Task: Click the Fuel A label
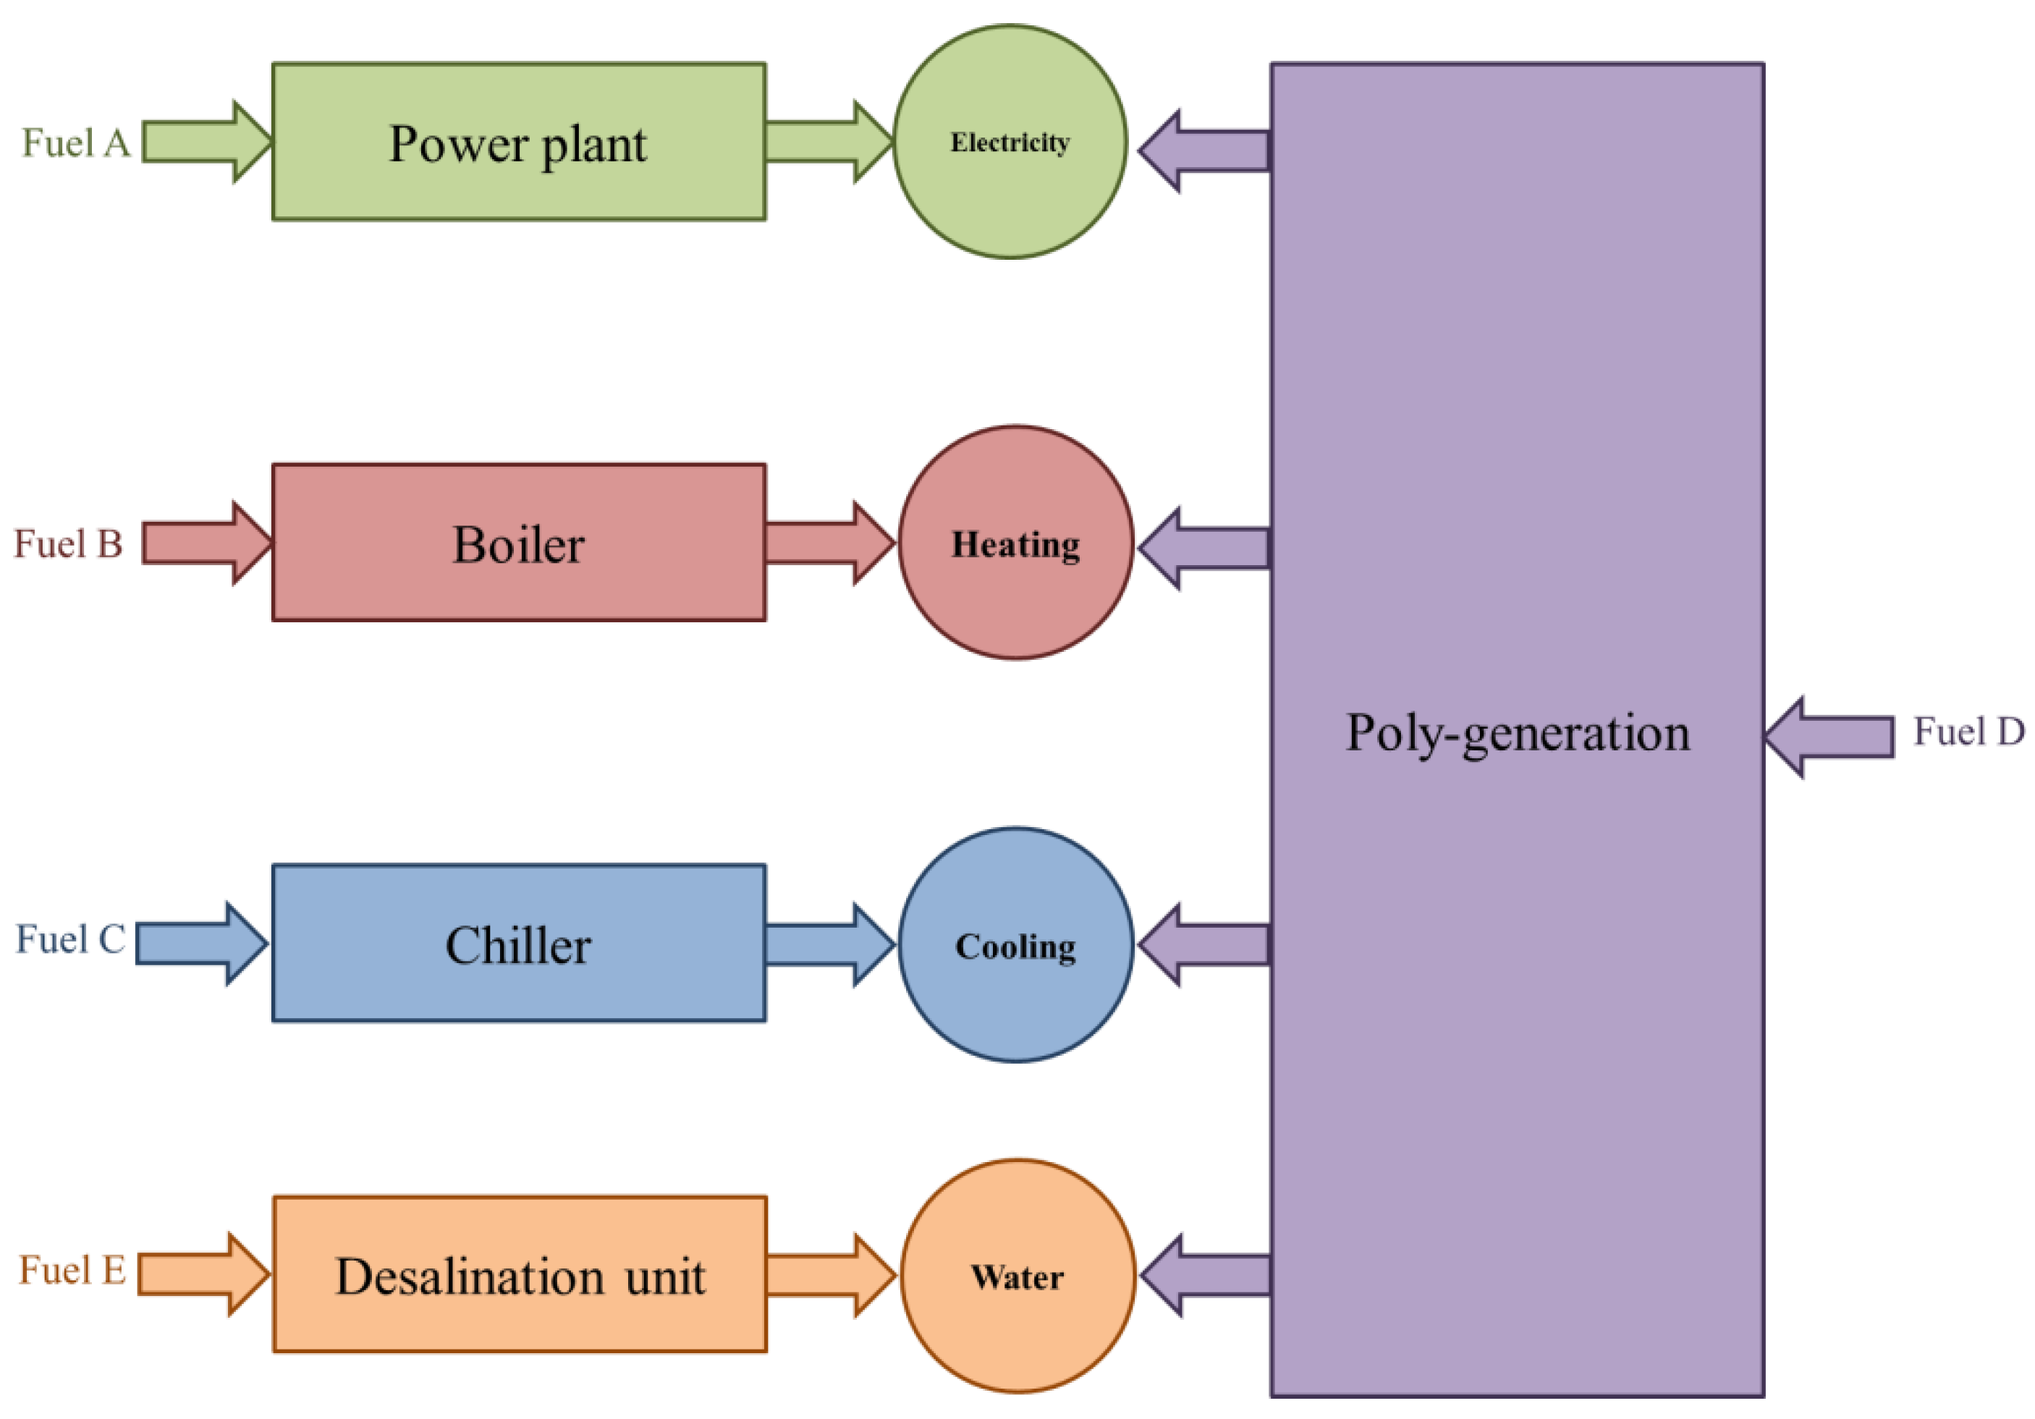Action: tap(75, 143)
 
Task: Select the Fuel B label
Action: tap(68, 543)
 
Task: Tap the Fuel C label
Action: tap(71, 939)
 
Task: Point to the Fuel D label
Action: tap(1968, 732)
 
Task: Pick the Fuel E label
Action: tap(72, 1270)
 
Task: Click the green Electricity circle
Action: tap(1010, 177)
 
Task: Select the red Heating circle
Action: tap(1016, 585)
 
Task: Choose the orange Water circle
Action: tap(1017, 1321)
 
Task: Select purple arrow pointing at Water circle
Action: tap(1206, 1276)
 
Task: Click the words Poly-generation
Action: tap(1518, 734)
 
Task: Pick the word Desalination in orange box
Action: tap(470, 1276)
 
